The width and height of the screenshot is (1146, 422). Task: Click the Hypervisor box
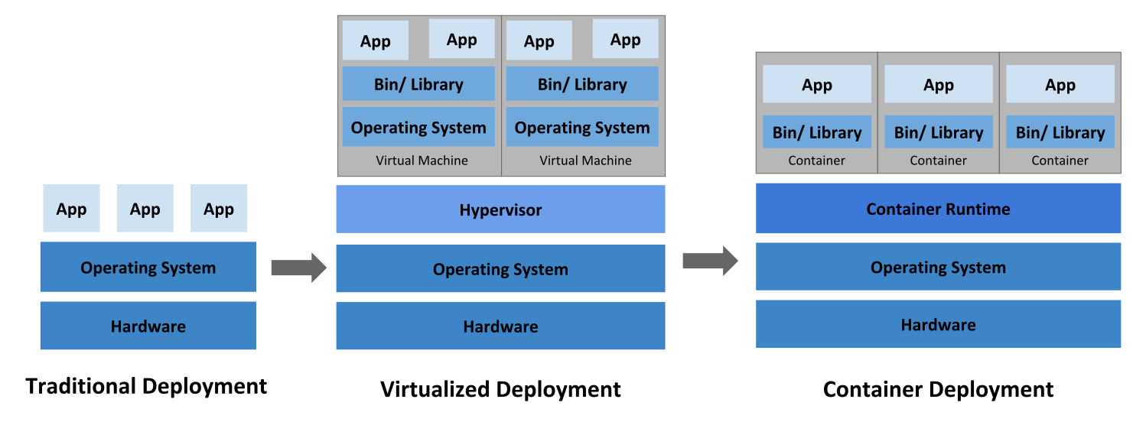point(500,209)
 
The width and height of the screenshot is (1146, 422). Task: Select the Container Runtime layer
point(938,209)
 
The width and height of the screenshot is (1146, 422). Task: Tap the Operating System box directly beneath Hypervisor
point(500,269)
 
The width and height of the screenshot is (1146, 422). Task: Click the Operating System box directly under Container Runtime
point(938,268)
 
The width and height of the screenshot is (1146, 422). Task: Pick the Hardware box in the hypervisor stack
point(500,326)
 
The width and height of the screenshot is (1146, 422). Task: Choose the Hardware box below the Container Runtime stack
point(938,325)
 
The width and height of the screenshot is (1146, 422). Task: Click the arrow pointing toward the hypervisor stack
point(298,268)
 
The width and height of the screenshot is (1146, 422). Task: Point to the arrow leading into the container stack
point(710,261)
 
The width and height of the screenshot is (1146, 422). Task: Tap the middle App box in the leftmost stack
point(145,209)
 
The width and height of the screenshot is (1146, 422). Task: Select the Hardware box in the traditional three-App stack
point(148,326)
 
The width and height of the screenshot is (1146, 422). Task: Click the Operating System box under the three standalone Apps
point(148,268)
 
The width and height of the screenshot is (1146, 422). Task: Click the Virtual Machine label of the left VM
point(422,161)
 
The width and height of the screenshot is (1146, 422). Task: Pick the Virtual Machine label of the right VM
point(585,161)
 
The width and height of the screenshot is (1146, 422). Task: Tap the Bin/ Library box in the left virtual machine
point(418,84)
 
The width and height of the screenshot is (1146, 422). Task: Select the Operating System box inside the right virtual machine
point(581,128)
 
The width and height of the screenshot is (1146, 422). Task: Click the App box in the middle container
point(938,85)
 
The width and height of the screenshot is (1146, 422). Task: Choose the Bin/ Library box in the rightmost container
point(1060,132)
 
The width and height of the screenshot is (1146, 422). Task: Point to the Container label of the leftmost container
point(816,161)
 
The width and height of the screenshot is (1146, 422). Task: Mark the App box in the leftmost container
point(816,85)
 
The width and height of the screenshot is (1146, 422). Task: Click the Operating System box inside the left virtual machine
point(418,128)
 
